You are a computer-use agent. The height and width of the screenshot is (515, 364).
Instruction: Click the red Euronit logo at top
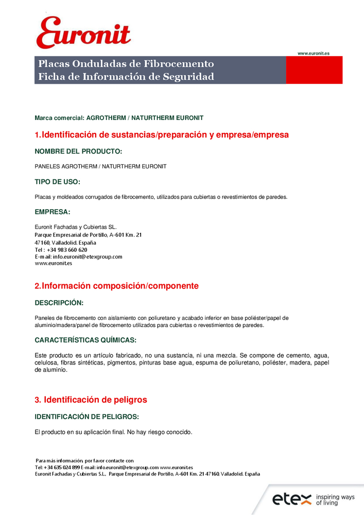point(83,32)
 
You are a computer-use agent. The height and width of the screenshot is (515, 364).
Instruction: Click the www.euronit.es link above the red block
point(314,53)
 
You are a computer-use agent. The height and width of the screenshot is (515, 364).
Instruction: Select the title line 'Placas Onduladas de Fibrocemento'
point(126,64)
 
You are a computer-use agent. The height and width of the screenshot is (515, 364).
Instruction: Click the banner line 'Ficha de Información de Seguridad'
point(126,77)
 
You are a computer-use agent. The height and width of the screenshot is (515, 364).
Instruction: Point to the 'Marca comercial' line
point(119,118)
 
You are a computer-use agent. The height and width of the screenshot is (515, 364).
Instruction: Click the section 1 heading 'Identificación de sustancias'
point(162,135)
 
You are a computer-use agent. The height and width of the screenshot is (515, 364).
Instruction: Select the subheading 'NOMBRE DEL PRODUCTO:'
point(78,152)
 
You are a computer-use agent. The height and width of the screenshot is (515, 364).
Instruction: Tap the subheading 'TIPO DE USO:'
point(57,182)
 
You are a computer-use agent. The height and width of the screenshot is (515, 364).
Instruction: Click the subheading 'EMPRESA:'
point(52,212)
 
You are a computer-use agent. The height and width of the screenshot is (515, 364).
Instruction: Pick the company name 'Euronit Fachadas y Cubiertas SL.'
point(76,227)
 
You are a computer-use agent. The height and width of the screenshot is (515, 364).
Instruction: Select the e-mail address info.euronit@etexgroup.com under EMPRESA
point(88,256)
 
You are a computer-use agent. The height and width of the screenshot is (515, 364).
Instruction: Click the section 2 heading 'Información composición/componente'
point(116,286)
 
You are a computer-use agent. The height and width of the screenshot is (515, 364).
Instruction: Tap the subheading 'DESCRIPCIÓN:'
point(59,303)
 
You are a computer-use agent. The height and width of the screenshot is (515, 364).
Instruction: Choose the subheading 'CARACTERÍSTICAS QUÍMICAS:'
point(85,340)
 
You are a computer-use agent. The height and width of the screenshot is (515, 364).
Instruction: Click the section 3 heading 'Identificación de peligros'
point(91,400)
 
